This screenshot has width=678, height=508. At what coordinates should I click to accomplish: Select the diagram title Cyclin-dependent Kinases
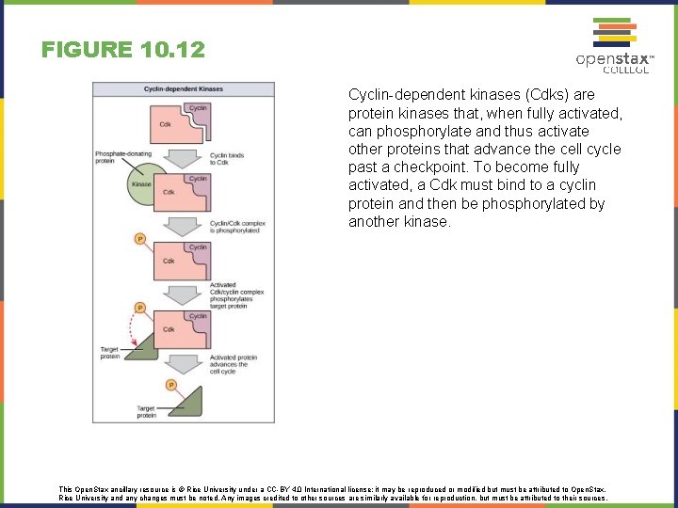pyautogui.click(x=184, y=89)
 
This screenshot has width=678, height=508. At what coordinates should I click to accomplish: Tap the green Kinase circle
pyautogui.click(x=141, y=184)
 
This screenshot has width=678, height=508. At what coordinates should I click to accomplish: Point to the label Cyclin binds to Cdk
pyautogui.click(x=226, y=158)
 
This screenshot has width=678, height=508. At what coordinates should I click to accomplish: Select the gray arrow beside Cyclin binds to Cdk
pyautogui.click(x=183, y=156)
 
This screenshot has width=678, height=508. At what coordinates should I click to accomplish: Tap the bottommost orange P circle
pyautogui.click(x=170, y=385)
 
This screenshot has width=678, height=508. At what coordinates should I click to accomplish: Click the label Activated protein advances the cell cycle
pyautogui.click(x=229, y=364)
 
